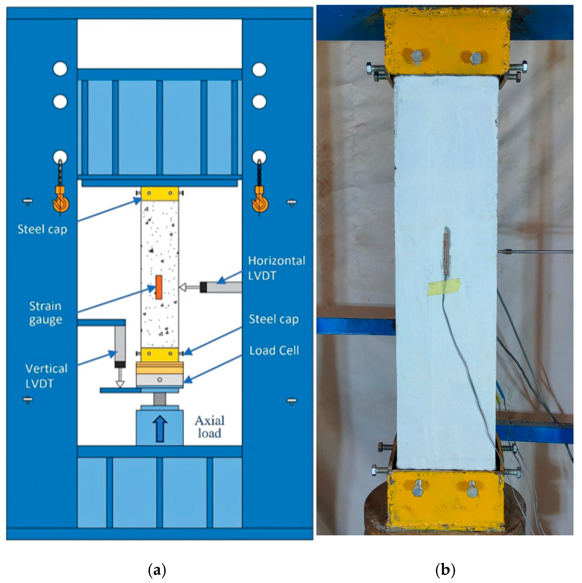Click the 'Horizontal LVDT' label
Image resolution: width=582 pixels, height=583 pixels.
click(x=276, y=268)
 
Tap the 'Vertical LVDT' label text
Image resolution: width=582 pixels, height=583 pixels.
click(x=46, y=376)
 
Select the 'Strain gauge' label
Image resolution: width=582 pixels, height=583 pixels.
click(x=46, y=313)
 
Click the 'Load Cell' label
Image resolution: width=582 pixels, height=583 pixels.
click(x=274, y=350)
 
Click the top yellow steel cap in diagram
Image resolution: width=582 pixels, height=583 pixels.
click(x=160, y=193)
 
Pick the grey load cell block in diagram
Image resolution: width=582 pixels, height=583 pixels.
click(x=160, y=380)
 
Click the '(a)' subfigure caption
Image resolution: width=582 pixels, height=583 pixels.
click(x=157, y=570)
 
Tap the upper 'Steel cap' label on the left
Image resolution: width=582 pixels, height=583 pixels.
click(x=42, y=229)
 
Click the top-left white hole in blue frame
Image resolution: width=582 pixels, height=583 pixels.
click(x=60, y=69)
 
